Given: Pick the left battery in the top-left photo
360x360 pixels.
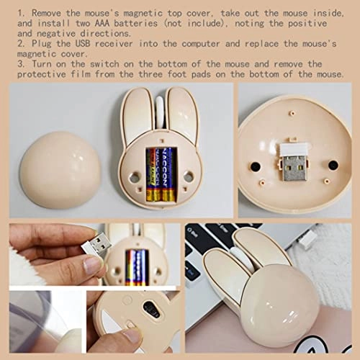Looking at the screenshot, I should pyautogui.click(x=153, y=173).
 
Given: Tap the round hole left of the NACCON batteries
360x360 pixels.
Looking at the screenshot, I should pyautogui.click(x=134, y=176).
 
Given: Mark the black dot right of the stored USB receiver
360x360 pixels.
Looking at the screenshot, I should pyautogui.click(x=333, y=165).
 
